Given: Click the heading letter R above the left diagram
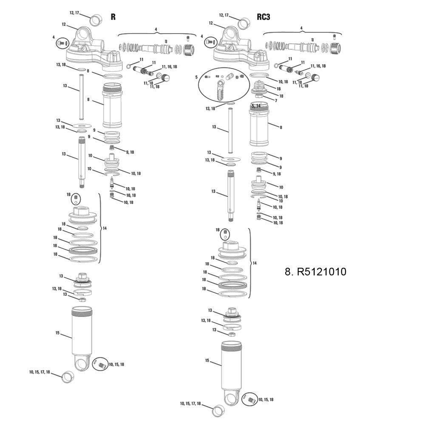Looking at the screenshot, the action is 113,17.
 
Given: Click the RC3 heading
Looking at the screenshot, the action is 263,17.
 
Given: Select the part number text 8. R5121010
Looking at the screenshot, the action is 315,272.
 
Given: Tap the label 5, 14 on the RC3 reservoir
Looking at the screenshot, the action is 256,106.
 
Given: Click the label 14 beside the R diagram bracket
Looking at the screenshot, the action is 105,229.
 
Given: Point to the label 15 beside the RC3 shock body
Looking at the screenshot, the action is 207,360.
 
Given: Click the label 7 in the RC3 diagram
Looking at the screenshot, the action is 276,101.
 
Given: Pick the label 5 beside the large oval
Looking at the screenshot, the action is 196,77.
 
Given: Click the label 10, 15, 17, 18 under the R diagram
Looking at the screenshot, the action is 40,372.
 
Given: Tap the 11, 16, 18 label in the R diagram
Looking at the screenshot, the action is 170,67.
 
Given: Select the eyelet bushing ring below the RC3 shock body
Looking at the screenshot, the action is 218,411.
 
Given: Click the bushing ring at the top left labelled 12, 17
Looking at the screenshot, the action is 96,20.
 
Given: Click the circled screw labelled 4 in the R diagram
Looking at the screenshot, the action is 62,43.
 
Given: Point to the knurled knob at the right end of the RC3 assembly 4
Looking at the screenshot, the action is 336,48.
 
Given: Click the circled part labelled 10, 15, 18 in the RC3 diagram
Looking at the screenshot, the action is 249,399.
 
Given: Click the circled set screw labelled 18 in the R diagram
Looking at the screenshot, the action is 76,199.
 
